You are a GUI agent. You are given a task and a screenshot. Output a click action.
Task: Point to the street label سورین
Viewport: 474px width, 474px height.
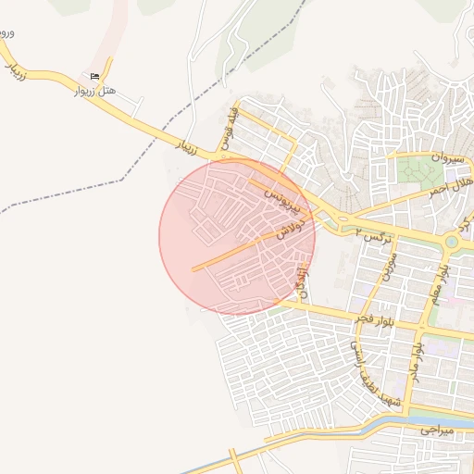[386, 265]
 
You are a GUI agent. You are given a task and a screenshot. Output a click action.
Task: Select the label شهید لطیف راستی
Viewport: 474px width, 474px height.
[369, 370]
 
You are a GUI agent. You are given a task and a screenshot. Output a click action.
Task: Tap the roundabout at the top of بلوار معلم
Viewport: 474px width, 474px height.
[452, 243]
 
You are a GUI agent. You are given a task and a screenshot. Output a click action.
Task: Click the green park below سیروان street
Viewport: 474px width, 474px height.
[421, 170]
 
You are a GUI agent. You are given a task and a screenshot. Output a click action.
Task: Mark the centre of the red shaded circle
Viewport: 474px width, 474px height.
[237, 237]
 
